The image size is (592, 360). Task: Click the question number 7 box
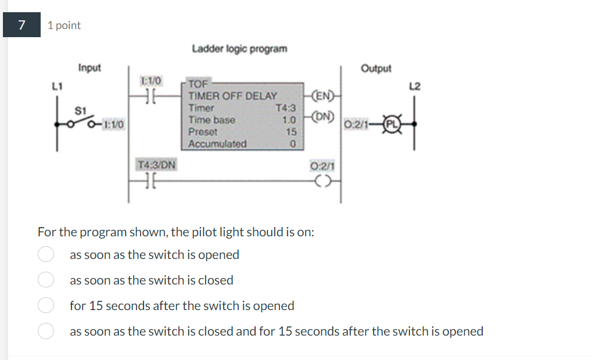click(x=21, y=25)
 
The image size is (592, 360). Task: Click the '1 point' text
click(x=64, y=26)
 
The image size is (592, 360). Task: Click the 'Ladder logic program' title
click(x=239, y=48)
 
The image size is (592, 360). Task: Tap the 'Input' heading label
click(x=89, y=68)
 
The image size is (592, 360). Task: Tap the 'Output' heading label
click(x=376, y=69)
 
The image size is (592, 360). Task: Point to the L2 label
click(x=414, y=87)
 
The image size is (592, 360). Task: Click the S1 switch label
click(x=80, y=110)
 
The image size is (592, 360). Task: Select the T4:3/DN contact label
click(x=157, y=165)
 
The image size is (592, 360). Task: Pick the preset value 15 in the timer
click(x=292, y=132)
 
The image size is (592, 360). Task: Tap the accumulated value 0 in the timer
click(x=293, y=143)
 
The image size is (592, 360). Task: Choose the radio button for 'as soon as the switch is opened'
click(x=46, y=255)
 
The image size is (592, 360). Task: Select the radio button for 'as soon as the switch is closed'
click(x=46, y=280)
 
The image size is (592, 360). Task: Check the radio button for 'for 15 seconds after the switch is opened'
click(x=46, y=305)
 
